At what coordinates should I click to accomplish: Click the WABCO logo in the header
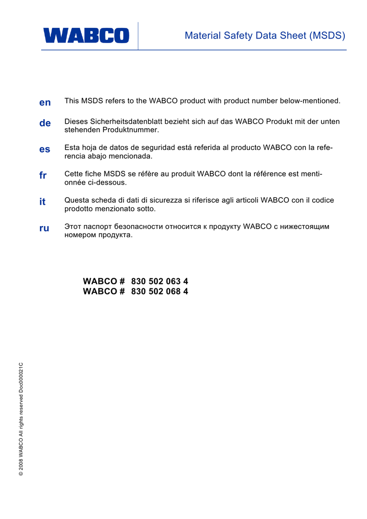click(86, 35)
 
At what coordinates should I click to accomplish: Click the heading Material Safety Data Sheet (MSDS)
click(265, 35)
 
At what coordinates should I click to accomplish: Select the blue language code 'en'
click(45, 102)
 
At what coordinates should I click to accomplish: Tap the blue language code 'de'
click(45, 123)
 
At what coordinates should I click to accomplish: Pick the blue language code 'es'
click(45, 150)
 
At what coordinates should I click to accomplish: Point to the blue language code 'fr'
click(43, 175)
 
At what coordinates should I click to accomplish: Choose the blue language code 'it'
click(43, 202)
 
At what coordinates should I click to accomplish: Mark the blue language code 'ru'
click(45, 228)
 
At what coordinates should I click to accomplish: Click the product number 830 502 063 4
click(160, 281)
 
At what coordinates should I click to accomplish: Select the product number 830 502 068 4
click(160, 291)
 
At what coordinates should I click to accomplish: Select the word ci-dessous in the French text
click(106, 182)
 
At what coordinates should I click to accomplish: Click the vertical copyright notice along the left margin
click(21, 420)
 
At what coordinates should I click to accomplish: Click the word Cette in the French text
click(74, 174)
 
